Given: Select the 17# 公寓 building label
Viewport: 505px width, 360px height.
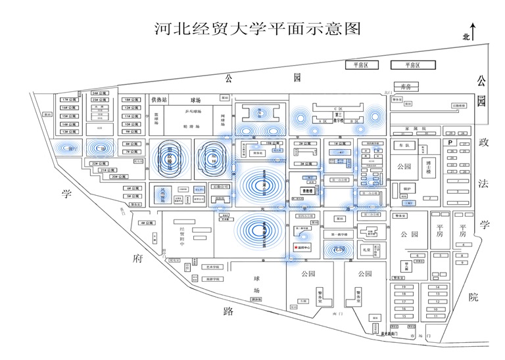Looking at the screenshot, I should [x=66, y=99].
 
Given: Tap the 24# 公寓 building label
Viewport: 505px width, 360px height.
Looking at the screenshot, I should [x=99, y=93].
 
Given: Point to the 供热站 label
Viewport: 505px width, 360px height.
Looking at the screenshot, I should [x=159, y=100].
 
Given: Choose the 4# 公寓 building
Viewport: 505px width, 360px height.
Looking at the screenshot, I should [x=146, y=223].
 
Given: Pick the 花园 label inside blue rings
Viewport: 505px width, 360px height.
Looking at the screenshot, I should [x=338, y=250].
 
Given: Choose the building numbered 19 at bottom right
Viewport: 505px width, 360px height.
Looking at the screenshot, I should [x=405, y=287].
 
